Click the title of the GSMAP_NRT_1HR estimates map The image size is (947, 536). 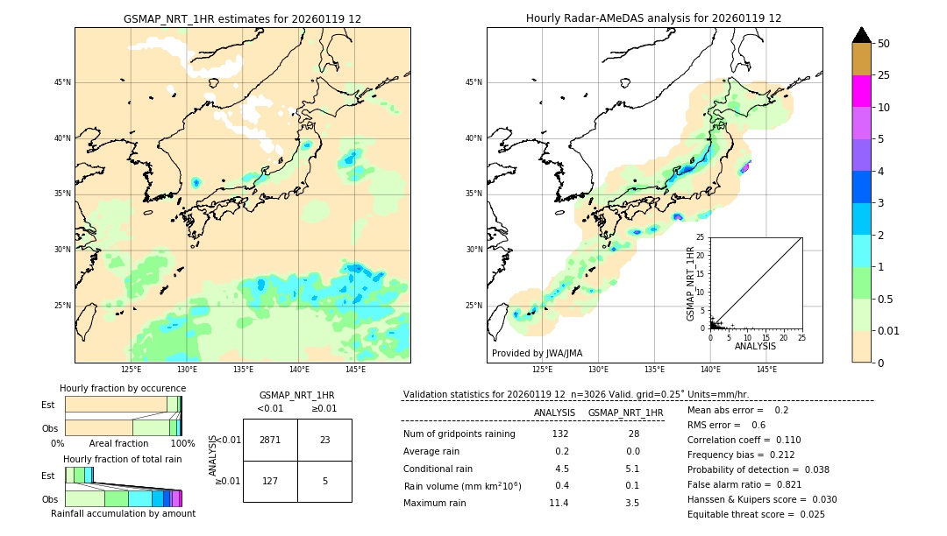pyautogui.click(x=242, y=18)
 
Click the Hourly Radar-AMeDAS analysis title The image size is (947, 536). pyautogui.click(x=653, y=18)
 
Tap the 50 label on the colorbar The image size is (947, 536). pyautogui.click(x=884, y=44)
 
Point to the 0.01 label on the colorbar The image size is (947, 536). pyautogui.click(x=889, y=330)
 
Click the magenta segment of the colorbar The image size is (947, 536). pyautogui.click(x=861, y=91)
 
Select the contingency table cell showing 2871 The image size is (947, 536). pyautogui.click(x=270, y=440)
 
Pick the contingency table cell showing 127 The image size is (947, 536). pyautogui.click(x=270, y=481)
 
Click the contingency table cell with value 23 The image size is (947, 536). pyautogui.click(x=324, y=440)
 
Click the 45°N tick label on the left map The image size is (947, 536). pyautogui.click(x=62, y=82)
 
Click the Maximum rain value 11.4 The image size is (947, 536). pyautogui.click(x=559, y=503)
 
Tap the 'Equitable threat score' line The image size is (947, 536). pyautogui.click(x=756, y=514)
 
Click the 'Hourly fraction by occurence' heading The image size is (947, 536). pyautogui.click(x=123, y=388)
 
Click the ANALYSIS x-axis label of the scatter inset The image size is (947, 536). pyautogui.click(x=755, y=346)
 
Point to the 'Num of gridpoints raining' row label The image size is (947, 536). pyautogui.click(x=459, y=434)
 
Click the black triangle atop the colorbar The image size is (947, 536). pyautogui.click(x=861, y=35)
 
